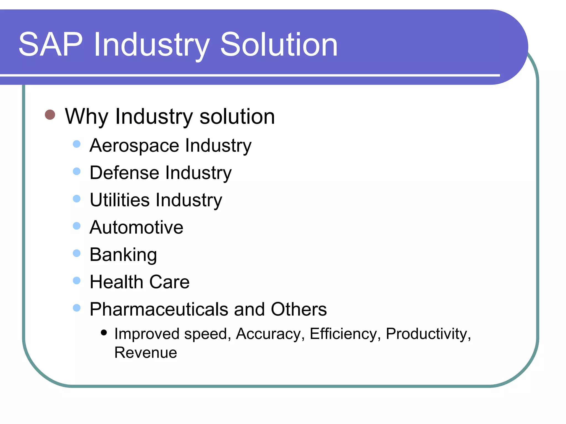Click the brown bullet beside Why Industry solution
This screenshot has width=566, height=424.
point(50,115)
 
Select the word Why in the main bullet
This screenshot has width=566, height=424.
point(86,117)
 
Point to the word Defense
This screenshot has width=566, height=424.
point(124,173)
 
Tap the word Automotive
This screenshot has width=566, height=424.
point(136,227)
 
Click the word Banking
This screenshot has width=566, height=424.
point(123,255)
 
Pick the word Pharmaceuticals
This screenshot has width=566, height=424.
point(159,309)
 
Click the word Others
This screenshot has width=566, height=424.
point(298,309)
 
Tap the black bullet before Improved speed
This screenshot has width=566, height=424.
point(104,332)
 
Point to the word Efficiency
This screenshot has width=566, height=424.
point(343,334)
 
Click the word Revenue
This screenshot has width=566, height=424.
point(146,353)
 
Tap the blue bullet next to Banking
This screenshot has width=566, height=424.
point(77,253)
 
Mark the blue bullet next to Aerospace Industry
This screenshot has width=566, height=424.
point(77,144)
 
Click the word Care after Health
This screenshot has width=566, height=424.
point(169,282)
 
